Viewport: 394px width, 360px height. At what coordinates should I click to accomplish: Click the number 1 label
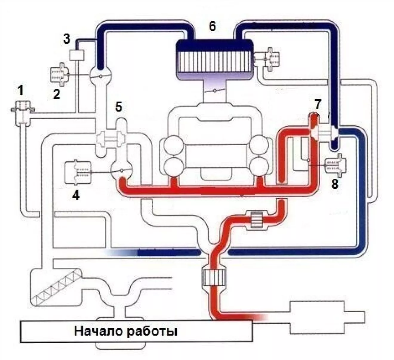20,91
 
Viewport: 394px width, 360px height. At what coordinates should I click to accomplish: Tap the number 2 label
56,94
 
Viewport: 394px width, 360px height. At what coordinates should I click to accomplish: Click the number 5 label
119,107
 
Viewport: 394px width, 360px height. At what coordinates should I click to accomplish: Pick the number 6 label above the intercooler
212,26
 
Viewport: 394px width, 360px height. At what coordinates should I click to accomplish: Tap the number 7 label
317,104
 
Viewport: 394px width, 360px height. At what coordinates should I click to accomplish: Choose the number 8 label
335,184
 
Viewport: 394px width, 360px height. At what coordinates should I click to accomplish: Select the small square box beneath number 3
77,55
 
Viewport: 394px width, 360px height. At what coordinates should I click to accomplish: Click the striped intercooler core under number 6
214,61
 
